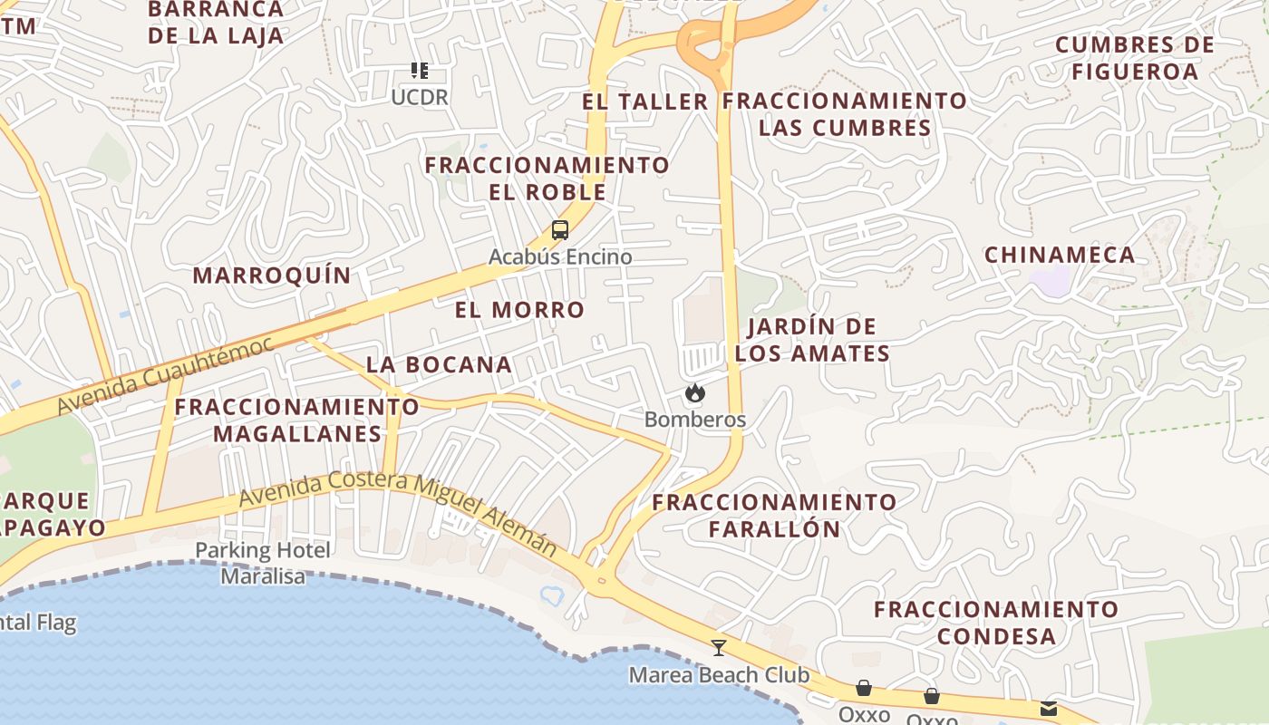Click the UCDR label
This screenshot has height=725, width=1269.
[420, 97]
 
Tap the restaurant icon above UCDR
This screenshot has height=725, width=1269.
[419, 71]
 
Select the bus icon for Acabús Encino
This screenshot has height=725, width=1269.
[560, 230]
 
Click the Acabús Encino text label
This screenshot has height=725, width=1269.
[560, 257]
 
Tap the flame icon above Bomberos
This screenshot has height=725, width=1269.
[695, 393]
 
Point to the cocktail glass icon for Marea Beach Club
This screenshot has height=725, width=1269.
[719, 648]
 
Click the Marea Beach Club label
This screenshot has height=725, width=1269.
[719, 675]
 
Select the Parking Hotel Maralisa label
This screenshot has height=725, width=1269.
[263, 563]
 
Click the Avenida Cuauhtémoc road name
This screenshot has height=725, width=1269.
[165, 375]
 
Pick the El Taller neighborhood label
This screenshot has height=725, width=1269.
[644, 102]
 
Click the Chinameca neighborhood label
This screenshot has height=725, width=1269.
[1060, 256]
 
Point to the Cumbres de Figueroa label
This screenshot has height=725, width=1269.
[1135, 58]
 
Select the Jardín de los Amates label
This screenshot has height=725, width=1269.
[812, 340]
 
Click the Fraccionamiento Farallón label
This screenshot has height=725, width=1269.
[774, 515]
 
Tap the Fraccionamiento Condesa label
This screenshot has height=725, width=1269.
[996, 622]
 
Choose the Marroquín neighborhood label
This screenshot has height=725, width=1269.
[272, 275]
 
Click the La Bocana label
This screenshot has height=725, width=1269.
[439, 365]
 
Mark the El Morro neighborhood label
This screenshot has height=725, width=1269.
[519, 310]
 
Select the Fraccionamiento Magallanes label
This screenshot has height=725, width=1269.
[297, 420]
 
